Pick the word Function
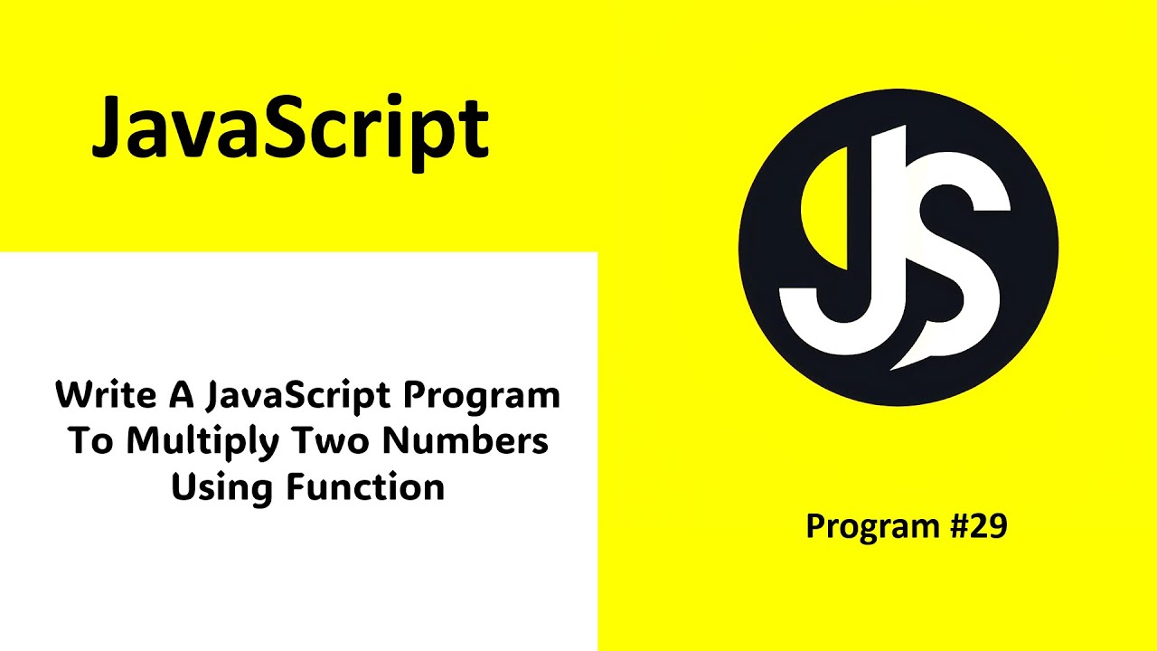365,488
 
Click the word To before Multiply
92,441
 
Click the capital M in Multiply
145,441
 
